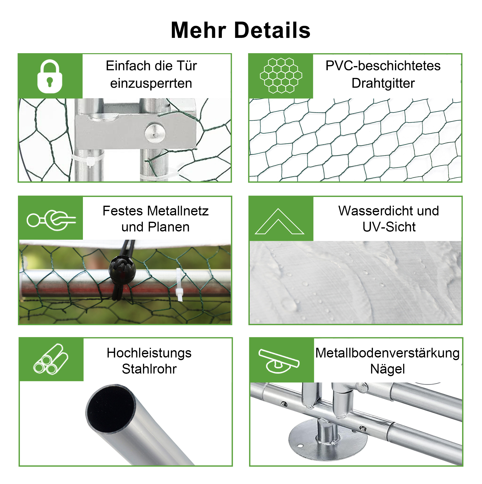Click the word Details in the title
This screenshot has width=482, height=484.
point(273,30)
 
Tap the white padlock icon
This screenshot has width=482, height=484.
point(50,76)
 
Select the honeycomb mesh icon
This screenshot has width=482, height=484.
point(281,76)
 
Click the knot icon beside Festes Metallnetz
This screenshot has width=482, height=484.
point(51,220)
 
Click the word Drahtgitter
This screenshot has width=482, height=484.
point(383,84)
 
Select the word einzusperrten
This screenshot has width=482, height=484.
point(151,84)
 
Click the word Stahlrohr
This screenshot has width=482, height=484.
point(149,369)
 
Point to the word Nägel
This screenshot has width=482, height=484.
point(387,370)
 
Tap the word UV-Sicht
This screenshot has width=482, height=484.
point(389,227)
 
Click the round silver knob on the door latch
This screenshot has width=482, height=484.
point(155,133)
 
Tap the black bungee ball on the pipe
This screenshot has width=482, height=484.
point(122,269)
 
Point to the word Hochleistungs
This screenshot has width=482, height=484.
point(149,354)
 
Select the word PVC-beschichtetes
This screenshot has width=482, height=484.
point(383,66)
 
